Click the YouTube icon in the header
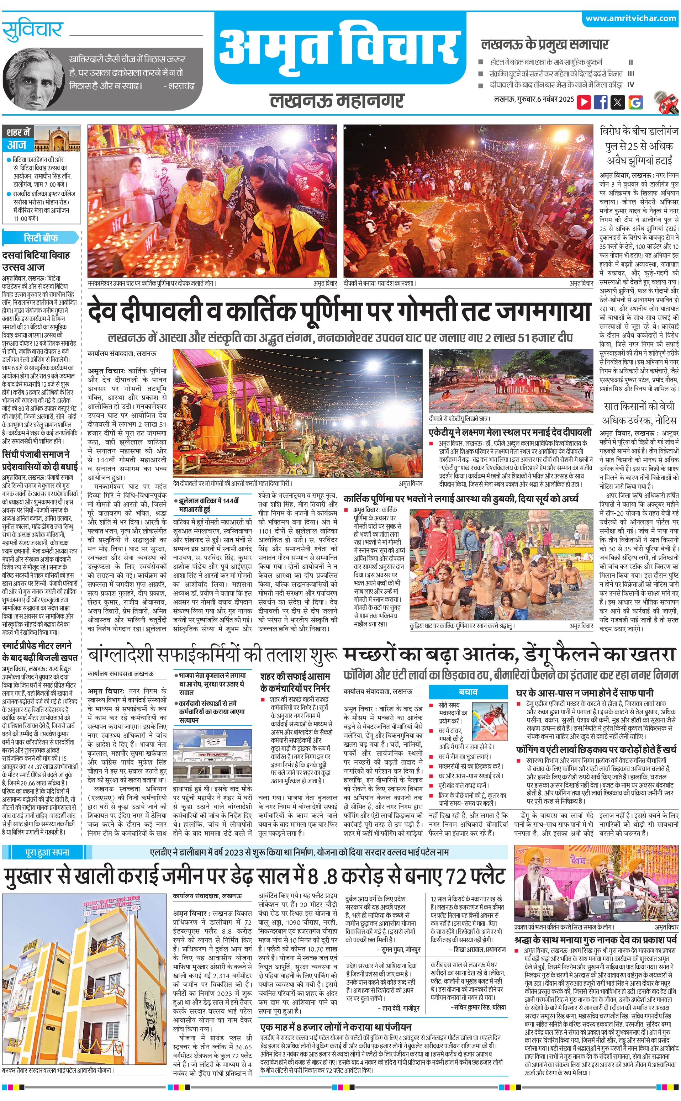(x=584, y=102)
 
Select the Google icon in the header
(x=635, y=102)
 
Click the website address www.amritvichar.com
(x=630, y=18)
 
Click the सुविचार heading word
(x=32, y=30)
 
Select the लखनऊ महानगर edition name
(x=337, y=100)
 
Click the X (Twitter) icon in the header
(x=618, y=102)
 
